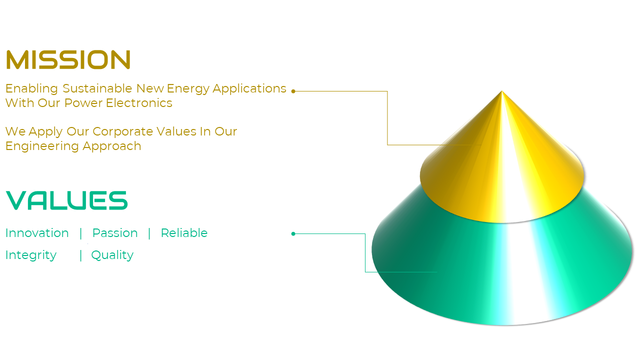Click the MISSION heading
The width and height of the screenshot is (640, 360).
pos(68,59)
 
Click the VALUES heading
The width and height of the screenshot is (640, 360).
pos(66,200)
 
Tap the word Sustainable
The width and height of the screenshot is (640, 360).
pos(97,88)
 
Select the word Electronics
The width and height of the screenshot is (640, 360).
pos(139,103)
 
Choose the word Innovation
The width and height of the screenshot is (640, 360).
pos(37,233)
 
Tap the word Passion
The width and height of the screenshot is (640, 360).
pos(115,233)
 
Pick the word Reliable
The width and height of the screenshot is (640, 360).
pos(184,233)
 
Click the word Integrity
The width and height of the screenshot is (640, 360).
pos(31,255)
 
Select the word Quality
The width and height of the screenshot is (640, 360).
pos(112,255)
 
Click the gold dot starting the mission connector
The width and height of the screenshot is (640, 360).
pos(293,91)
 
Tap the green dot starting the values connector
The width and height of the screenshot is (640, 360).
pos(293,233)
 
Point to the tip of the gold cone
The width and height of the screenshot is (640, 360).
pos(501,91)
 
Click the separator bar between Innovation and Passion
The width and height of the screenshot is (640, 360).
pos(81,233)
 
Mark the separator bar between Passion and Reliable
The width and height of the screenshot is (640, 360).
pos(149,233)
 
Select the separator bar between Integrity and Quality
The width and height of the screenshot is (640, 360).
pos(81,255)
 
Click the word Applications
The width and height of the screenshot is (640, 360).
pos(249,89)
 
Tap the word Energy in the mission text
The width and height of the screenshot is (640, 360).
pos(188,89)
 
